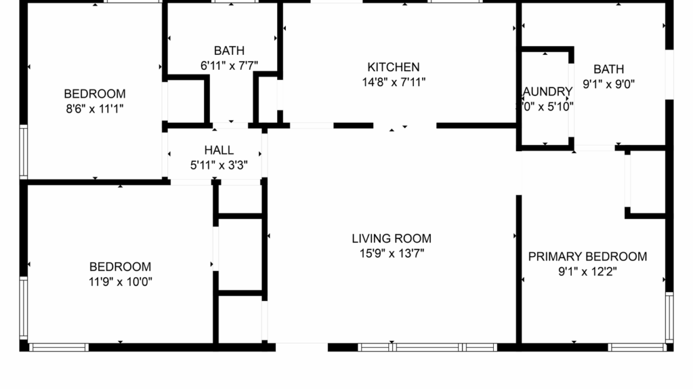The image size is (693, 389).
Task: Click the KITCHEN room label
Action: coord(393,67)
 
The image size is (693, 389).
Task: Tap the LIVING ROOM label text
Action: coord(391,239)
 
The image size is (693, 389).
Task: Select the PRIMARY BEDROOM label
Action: coord(587,257)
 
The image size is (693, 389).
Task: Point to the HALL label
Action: coord(219,150)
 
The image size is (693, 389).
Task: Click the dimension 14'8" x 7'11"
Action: coord(393,82)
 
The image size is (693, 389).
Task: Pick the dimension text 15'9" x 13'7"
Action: coord(391,254)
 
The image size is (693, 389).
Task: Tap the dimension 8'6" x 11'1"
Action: coord(94,109)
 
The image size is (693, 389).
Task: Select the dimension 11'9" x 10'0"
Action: coord(120,282)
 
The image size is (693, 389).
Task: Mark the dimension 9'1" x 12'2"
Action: coord(587,272)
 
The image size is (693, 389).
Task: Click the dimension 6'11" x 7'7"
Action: coord(229,65)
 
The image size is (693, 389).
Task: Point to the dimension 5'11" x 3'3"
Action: coord(219,165)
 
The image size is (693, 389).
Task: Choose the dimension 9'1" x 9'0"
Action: coord(609,84)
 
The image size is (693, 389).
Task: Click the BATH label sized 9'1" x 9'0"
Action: coord(609,69)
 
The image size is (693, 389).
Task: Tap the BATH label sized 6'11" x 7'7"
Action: coord(229,51)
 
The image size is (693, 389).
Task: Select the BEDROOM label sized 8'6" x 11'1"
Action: coord(94,94)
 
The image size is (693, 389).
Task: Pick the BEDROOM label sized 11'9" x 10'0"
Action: coord(120,267)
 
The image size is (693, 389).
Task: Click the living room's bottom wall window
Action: coord(427,347)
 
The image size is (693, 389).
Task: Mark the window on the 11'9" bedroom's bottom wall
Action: coord(59,347)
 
